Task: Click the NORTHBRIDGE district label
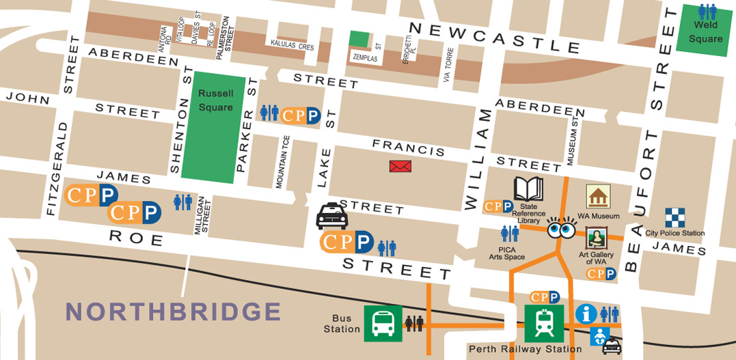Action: tap(174, 311)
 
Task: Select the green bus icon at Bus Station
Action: tap(383, 322)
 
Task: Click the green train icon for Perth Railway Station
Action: tap(543, 322)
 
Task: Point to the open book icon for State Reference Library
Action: tap(528, 189)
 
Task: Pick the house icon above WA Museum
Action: tap(598, 197)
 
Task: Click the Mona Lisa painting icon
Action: tap(597, 238)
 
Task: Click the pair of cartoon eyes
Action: tap(564, 229)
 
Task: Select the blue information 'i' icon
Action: tap(586, 314)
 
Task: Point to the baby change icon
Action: tap(600, 337)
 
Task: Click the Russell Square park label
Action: tap(215, 100)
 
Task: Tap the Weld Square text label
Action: tap(705, 32)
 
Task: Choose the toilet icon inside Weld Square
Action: tap(707, 12)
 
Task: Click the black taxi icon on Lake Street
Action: tap(332, 217)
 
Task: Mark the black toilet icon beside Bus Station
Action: tap(414, 322)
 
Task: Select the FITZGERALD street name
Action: tap(53, 169)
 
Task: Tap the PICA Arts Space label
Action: tap(506, 253)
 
